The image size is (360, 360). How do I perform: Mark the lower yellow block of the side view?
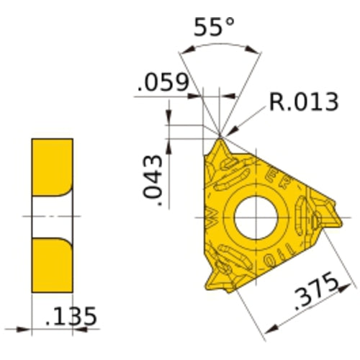52,267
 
